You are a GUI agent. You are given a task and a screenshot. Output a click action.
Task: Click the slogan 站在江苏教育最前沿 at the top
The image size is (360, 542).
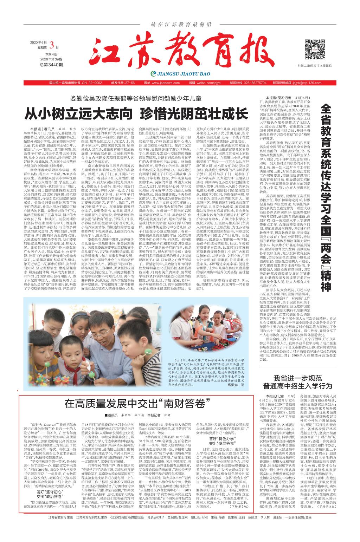click(180, 24)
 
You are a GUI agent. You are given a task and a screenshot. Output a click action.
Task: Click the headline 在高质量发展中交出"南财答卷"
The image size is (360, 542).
click(135, 404)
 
